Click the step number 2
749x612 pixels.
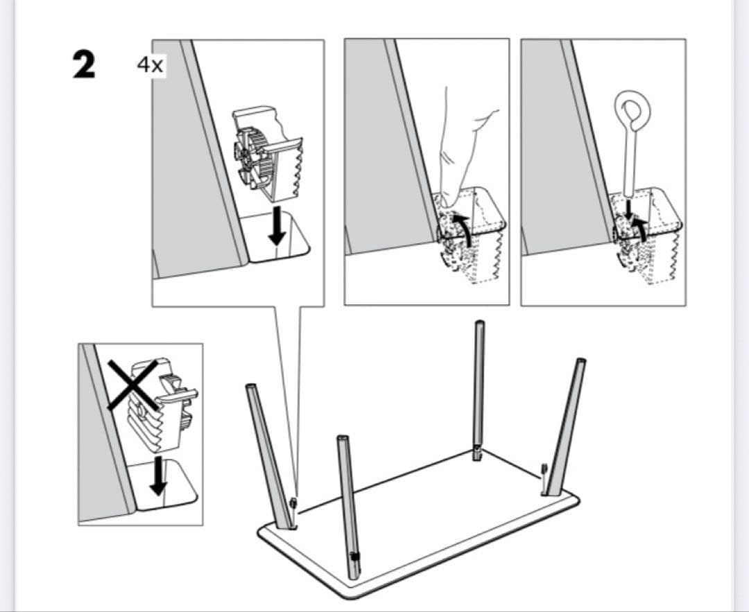85,64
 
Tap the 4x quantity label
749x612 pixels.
150,65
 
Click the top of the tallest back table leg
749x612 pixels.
478,325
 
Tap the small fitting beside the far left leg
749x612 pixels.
294,502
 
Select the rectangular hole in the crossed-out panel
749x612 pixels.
166,485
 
